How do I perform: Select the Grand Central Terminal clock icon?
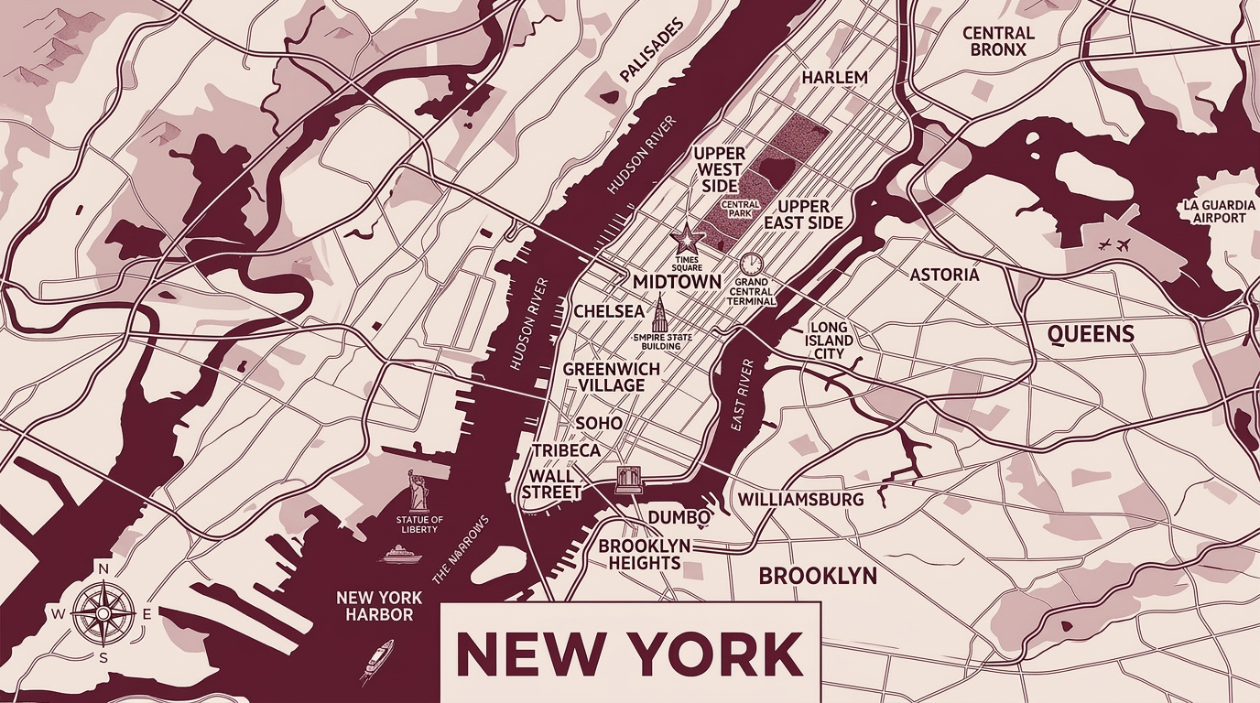click(x=752, y=265)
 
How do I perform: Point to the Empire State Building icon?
click(x=658, y=317)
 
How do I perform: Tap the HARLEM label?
click(x=834, y=78)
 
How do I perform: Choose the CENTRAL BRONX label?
click(x=998, y=41)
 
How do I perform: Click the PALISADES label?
click(x=652, y=52)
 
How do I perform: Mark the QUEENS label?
click(x=1091, y=334)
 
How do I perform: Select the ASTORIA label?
click(x=944, y=275)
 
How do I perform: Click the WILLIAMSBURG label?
click(x=800, y=500)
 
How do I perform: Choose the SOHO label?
click(x=599, y=424)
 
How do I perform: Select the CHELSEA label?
click(x=609, y=311)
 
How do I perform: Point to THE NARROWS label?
click(x=460, y=549)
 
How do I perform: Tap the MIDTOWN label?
click(x=677, y=282)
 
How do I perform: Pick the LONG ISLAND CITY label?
click(x=831, y=341)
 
